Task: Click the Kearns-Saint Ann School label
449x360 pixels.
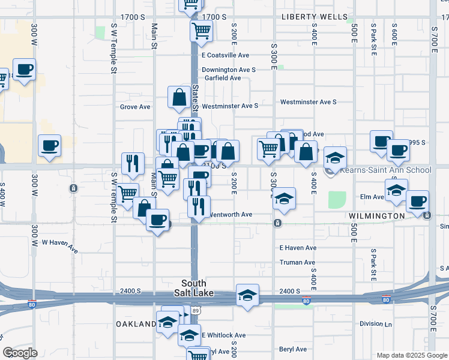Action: (x=385, y=170)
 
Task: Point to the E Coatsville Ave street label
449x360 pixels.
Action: (x=225, y=55)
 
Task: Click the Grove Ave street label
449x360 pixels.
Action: (x=135, y=107)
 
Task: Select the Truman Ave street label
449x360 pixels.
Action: (x=297, y=263)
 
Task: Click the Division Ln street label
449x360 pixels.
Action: (x=376, y=324)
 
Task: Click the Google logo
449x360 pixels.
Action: (x=20, y=353)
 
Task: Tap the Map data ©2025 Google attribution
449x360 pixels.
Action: (x=411, y=355)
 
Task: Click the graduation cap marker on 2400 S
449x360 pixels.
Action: (x=247, y=295)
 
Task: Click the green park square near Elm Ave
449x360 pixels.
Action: (x=338, y=200)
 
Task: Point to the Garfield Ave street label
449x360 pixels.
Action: (x=222, y=78)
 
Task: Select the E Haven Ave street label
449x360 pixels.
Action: (x=298, y=248)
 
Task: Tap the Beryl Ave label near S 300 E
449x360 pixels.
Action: (x=293, y=349)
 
